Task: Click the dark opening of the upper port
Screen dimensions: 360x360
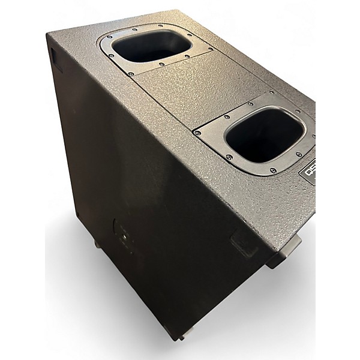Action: (151, 47)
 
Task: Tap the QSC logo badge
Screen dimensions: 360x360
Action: (307, 172)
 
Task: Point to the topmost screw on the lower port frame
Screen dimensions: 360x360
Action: (272, 94)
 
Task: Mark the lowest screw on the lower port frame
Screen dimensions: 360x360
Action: (273, 171)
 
